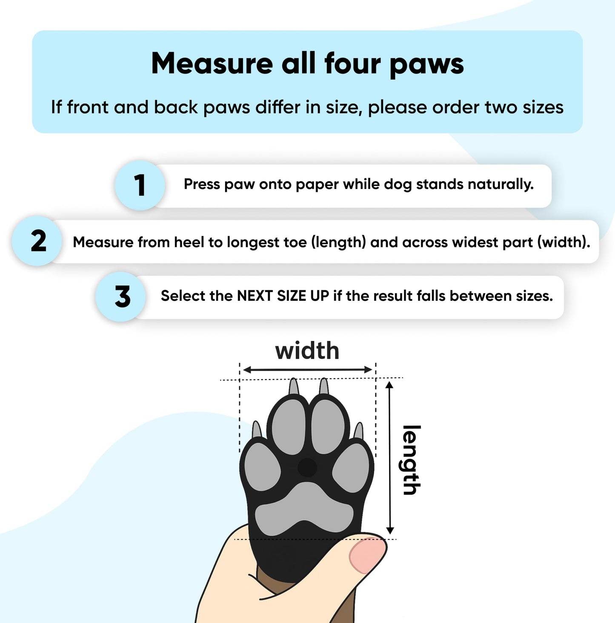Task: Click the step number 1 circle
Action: coord(140,186)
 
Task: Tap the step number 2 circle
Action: coord(38,241)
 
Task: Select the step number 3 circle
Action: coord(122,297)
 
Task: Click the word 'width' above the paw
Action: coord(307,351)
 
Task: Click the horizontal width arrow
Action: coord(307,370)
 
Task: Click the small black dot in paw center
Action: coord(307,468)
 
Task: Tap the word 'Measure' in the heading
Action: coord(212,64)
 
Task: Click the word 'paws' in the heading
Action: coord(426,64)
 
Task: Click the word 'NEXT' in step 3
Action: coord(255,296)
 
